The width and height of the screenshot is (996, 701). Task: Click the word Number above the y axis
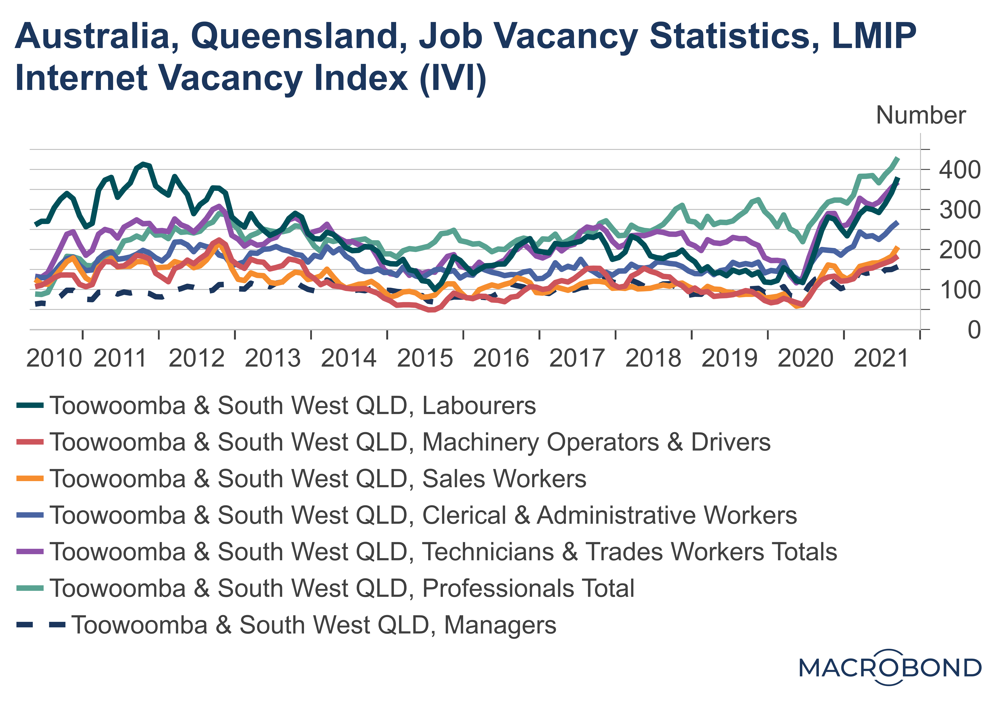point(921,115)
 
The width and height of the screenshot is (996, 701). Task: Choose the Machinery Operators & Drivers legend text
point(410,442)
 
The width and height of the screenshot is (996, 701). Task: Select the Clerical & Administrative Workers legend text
point(423,515)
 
